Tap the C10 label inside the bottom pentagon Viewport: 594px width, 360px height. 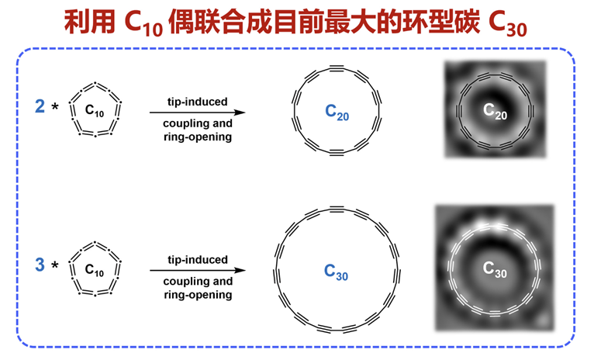click(x=94, y=271)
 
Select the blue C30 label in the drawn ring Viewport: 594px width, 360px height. click(x=337, y=271)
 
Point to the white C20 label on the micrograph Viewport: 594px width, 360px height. click(x=494, y=112)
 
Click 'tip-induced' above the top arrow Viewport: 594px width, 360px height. click(x=198, y=102)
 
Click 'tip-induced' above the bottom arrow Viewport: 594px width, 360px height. click(x=198, y=259)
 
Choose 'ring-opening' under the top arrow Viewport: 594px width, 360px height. click(x=198, y=137)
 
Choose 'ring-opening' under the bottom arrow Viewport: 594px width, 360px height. click(x=198, y=295)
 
